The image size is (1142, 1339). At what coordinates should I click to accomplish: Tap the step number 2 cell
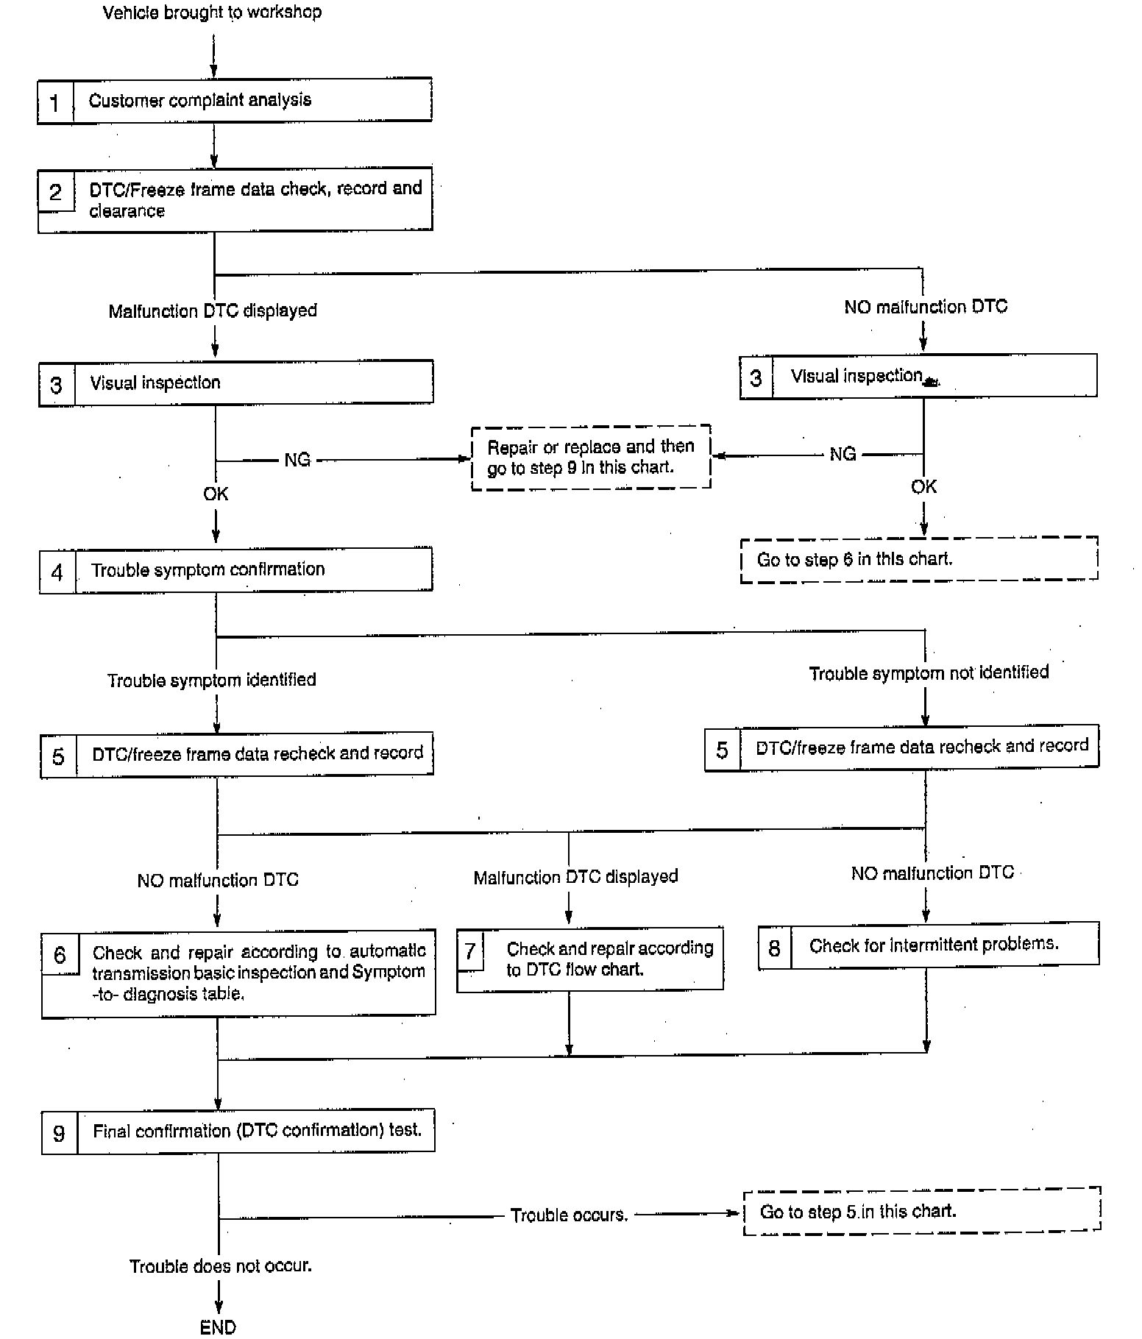point(56,192)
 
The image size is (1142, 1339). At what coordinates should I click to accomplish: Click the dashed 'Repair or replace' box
point(591,457)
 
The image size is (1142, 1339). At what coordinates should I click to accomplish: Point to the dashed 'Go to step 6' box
point(918,559)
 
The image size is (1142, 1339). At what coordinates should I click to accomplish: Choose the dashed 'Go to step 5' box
point(921,1211)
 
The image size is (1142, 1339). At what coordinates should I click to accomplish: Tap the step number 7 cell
point(470,951)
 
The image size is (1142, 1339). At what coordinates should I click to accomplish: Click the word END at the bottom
point(218,1326)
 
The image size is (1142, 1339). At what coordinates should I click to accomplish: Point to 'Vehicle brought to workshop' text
point(212,13)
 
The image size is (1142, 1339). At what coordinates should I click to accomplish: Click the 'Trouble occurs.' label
point(570,1215)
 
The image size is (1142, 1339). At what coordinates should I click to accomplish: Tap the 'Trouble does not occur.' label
point(221,1266)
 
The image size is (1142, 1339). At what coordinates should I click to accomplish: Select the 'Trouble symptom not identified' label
point(929,673)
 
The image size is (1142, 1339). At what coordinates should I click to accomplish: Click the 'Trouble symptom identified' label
point(212,680)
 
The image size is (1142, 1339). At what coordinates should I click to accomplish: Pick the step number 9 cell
point(59,1133)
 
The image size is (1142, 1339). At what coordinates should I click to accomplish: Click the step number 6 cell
point(60,955)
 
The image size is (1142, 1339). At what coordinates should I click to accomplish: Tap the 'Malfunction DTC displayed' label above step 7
point(575,877)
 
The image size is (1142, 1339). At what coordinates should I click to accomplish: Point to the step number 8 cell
point(774,948)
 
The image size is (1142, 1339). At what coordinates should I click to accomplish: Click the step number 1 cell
point(54,102)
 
